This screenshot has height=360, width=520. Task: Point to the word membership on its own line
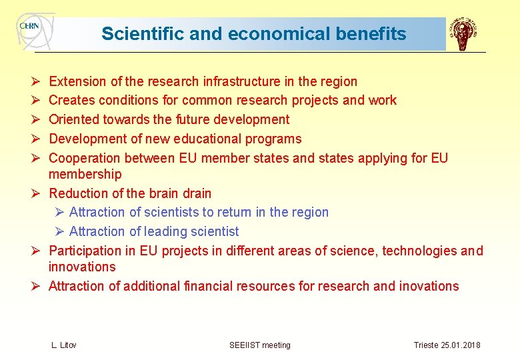tap(85, 174)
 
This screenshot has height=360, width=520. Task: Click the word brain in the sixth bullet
tap(161, 193)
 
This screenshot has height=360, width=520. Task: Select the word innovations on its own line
tap(82, 267)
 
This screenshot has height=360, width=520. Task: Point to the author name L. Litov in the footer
tap(64, 345)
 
